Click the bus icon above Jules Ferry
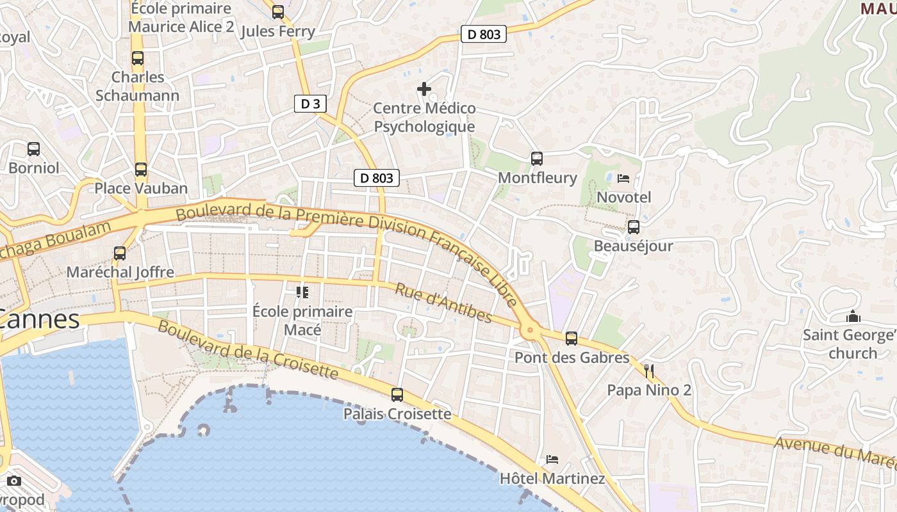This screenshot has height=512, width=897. point(278,12)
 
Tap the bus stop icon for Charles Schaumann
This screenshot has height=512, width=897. point(138,58)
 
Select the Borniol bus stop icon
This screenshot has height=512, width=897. point(33,149)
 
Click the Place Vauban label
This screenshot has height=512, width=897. point(141,188)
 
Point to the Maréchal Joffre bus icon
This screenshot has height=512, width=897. point(120,253)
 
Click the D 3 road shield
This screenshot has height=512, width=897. point(310,104)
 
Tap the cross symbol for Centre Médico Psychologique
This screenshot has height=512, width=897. point(424,89)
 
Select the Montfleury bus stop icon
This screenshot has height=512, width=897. point(537,159)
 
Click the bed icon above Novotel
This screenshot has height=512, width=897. point(623,179)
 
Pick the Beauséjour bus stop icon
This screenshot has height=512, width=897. point(634,227)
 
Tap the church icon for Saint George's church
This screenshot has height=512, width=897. point(853,316)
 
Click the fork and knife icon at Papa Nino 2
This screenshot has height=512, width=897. point(649,371)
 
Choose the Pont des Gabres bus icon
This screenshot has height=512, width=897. point(572,339)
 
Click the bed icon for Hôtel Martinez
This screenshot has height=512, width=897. point(552,459)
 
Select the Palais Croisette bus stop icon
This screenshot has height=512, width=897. point(397,395)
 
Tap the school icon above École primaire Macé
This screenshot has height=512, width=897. point(302,292)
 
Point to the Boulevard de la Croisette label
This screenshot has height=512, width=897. point(247,349)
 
